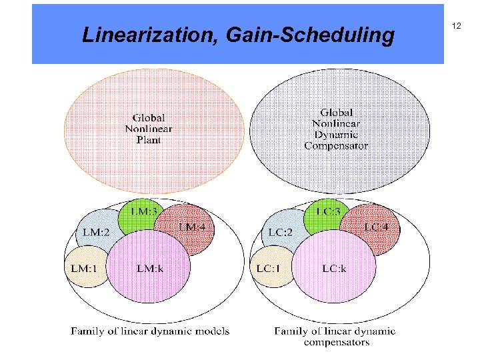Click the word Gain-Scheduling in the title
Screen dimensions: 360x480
pos(311,35)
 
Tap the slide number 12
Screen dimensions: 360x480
pos(457,25)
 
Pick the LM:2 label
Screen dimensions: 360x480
pos(96,232)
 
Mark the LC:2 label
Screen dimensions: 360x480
pos(281,232)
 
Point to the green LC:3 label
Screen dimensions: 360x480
pos(329,211)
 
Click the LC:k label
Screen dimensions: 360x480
pos(335,268)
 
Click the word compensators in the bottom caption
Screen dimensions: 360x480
pos(336,342)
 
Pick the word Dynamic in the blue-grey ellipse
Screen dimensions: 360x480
pos(336,134)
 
